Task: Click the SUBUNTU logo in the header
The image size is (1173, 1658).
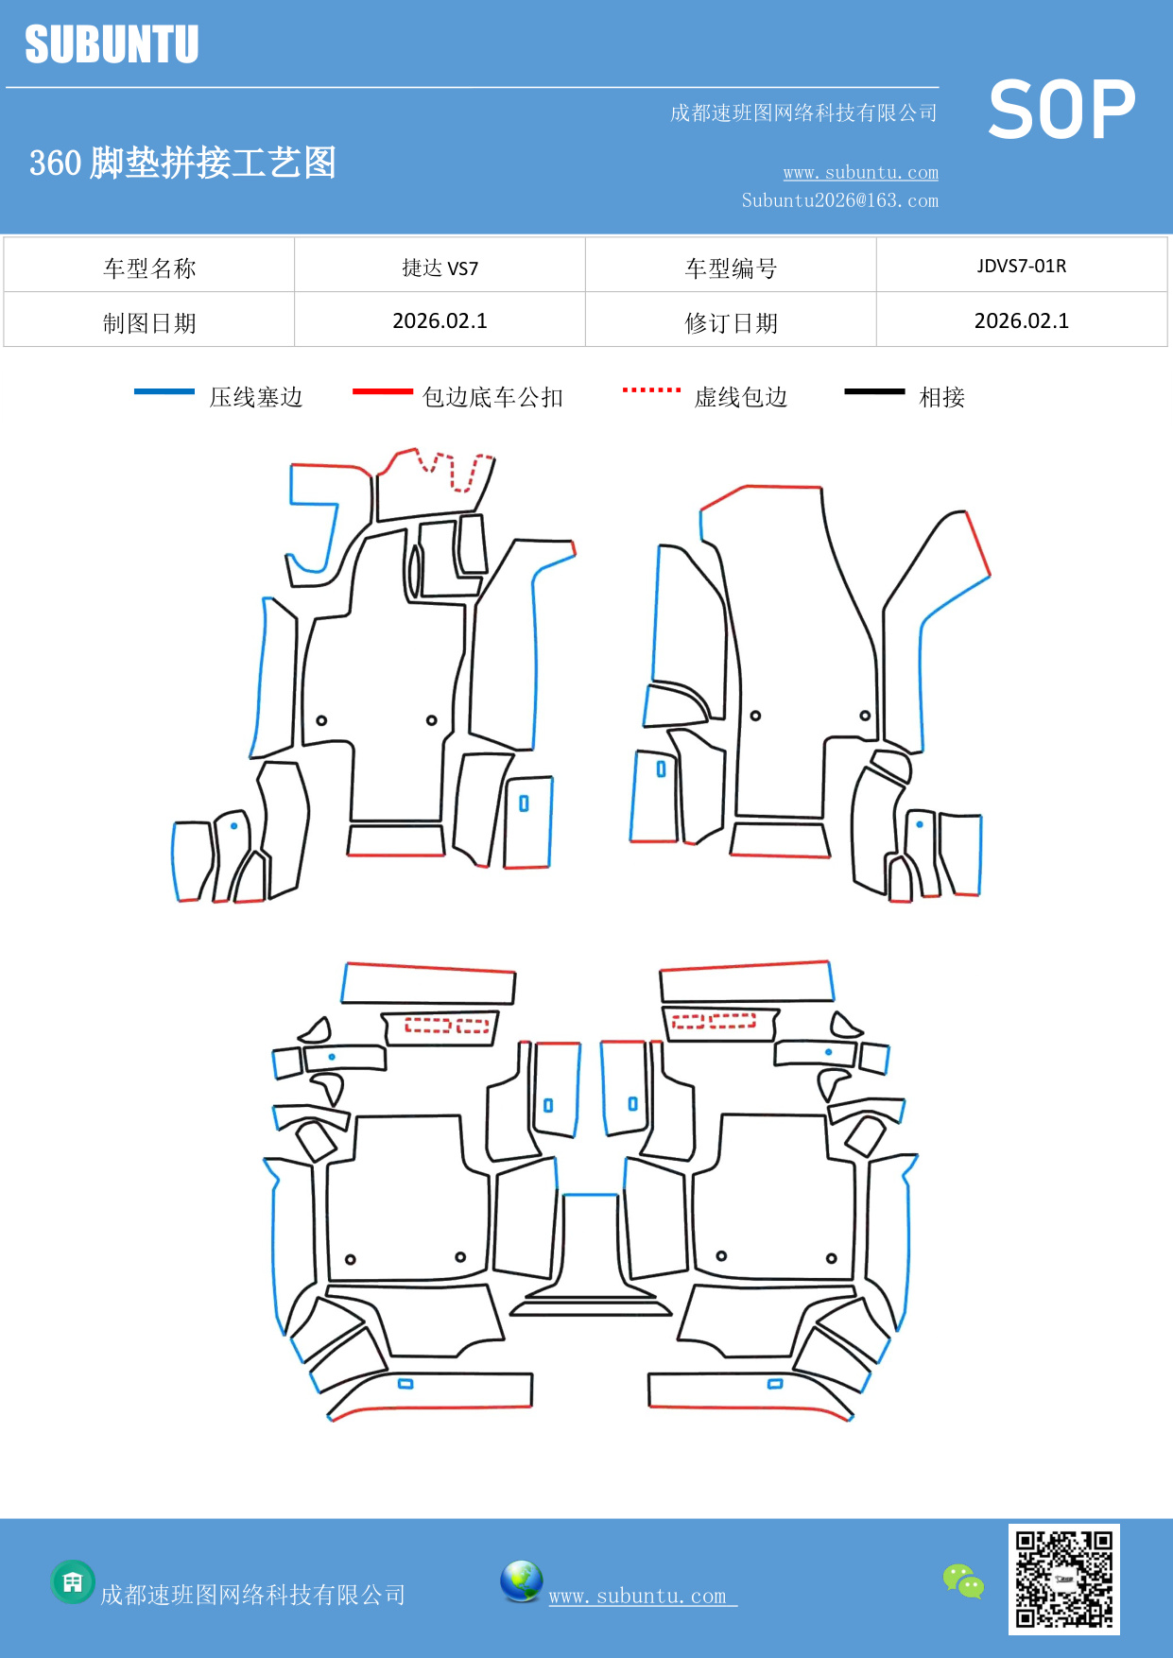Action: click(x=112, y=44)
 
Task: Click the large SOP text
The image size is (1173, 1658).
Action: click(x=1061, y=110)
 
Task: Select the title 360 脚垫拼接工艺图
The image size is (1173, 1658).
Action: click(x=182, y=163)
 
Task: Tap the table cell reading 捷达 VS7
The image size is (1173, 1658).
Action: click(x=440, y=268)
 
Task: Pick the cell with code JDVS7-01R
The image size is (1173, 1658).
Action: click(x=1021, y=266)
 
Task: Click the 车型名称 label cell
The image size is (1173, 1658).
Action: click(x=149, y=268)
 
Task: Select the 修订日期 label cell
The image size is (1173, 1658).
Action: click(x=731, y=323)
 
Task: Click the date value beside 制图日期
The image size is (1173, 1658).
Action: click(x=440, y=321)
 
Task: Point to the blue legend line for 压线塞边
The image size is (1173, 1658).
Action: click(x=164, y=391)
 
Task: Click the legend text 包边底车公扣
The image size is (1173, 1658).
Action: click(x=492, y=397)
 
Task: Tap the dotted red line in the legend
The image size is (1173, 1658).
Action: click(x=651, y=389)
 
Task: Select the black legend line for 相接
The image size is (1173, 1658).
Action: click(x=874, y=391)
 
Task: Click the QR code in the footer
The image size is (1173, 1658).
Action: click(x=1063, y=1579)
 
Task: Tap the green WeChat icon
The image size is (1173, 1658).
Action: click(x=963, y=1580)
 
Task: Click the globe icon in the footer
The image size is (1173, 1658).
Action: click(x=521, y=1581)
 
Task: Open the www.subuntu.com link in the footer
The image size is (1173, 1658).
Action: click(x=638, y=1596)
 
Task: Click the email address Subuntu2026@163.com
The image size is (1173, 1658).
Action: click(x=839, y=200)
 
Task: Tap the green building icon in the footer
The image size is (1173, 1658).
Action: click(x=73, y=1581)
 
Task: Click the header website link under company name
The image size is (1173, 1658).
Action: click(x=860, y=172)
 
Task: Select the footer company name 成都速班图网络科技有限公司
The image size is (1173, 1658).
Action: click(x=252, y=1595)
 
